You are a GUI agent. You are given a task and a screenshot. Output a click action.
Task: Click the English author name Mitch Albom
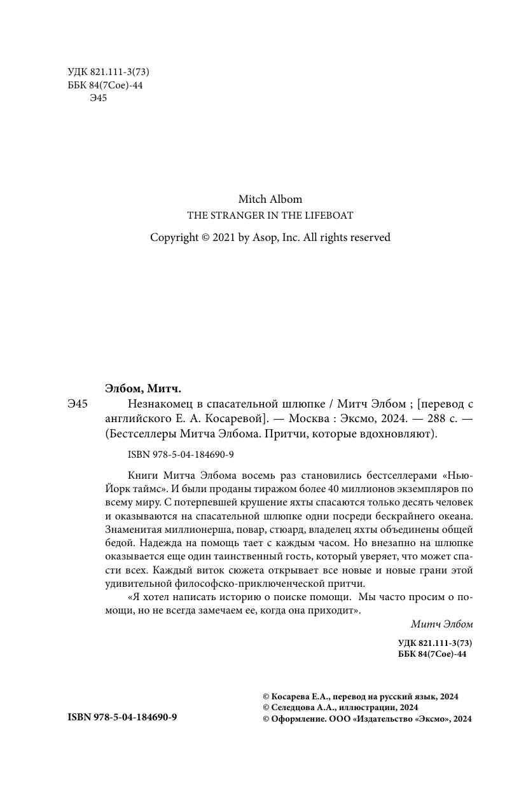270,199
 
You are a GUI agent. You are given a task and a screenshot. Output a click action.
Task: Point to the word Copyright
174,237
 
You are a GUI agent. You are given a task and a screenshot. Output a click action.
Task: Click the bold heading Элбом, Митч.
142,388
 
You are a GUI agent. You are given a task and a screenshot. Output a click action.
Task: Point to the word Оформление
293,718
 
